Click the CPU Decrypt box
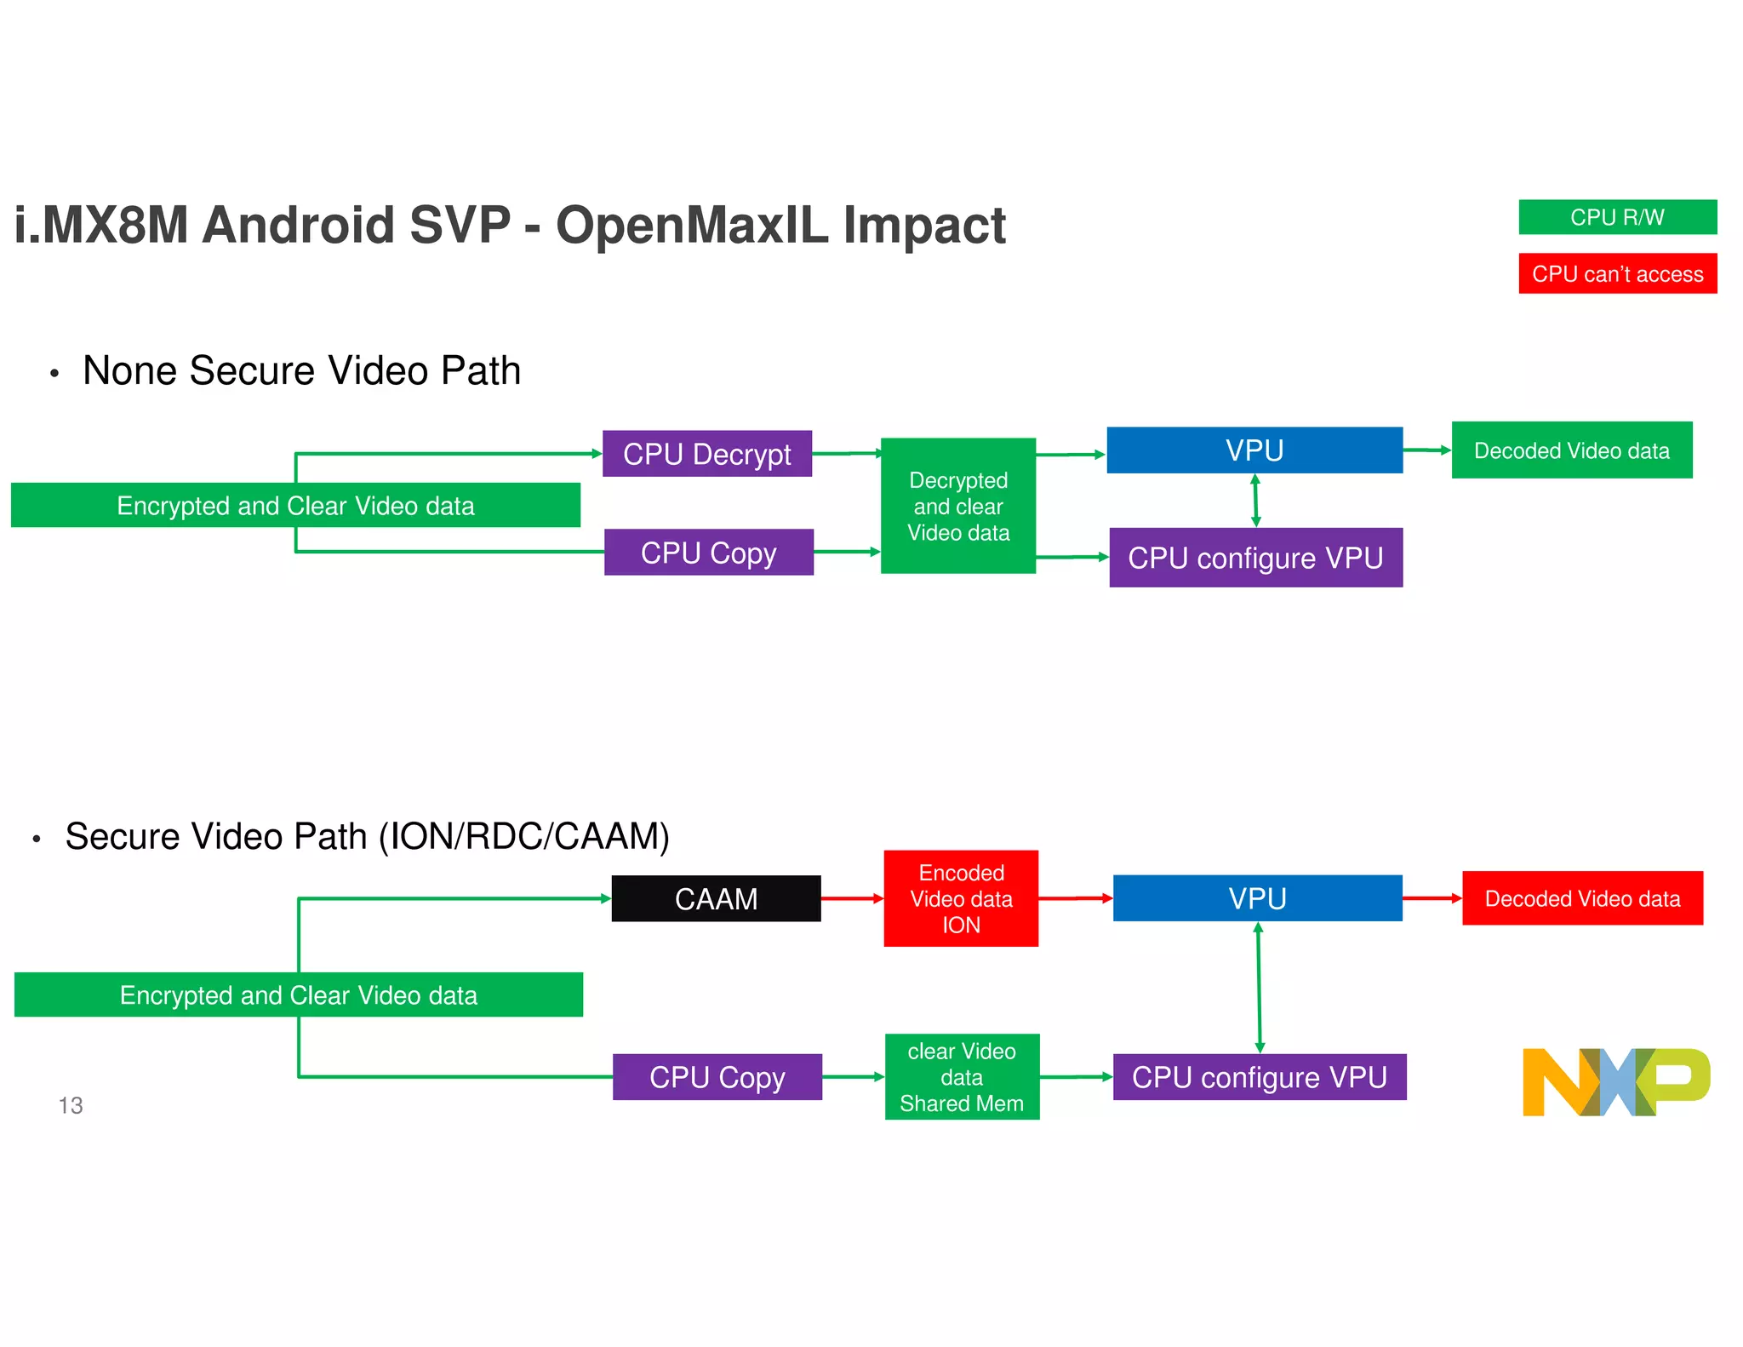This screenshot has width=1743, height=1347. pyautogui.click(x=706, y=454)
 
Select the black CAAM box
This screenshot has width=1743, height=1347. pyautogui.click(x=716, y=898)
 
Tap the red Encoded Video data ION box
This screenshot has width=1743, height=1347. pyautogui.click(x=961, y=898)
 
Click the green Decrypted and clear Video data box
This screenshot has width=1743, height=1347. pyautogui.click(x=958, y=506)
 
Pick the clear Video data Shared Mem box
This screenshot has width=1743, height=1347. pyautogui.click(x=962, y=1077)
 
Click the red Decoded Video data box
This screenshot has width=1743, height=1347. pyautogui.click(x=1582, y=898)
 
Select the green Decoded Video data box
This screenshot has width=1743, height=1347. pyautogui.click(x=1571, y=450)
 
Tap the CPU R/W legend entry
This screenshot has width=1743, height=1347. pyautogui.click(x=1617, y=217)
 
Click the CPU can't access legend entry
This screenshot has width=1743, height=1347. pyautogui.click(x=1617, y=273)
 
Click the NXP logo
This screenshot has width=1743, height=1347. pyautogui.click(x=1614, y=1081)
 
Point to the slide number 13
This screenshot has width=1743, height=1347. pyautogui.click(x=71, y=1105)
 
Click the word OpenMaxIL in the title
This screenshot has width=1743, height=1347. pyautogui.click(x=691, y=226)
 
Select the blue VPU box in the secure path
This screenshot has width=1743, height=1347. pyautogui.click(x=1257, y=898)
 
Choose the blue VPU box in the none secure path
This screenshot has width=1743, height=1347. pyautogui.click(x=1254, y=450)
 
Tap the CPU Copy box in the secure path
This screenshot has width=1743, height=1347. pyautogui.click(x=717, y=1077)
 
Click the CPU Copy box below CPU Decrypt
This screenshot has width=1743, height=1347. pyautogui.click(x=708, y=553)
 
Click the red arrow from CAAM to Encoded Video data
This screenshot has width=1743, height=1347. pyautogui.click(x=852, y=898)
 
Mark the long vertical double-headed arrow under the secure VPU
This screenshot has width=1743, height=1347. pyautogui.click(x=1259, y=988)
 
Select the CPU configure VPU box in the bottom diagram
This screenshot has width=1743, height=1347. pyautogui.click(x=1259, y=1077)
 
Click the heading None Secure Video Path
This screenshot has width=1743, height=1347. pyautogui.click(x=301, y=371)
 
